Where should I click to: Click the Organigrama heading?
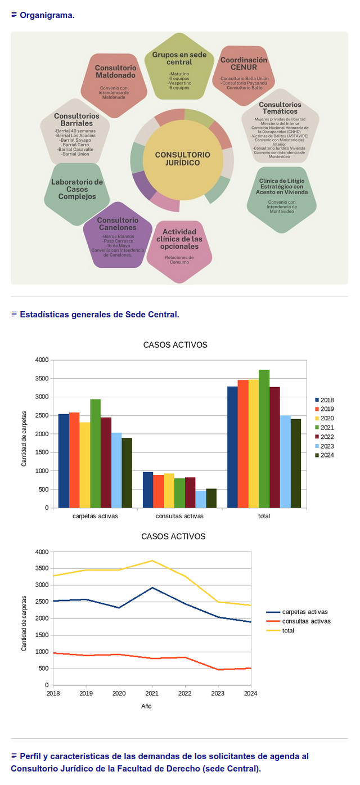tap(47, 15)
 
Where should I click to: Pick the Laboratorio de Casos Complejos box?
tap(77, 190)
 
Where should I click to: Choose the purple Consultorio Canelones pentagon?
tap(118, 234)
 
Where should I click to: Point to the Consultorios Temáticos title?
tap(280, 108)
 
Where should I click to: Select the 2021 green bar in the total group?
tap(264, 438)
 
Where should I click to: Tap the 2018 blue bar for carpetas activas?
tap(64, 461)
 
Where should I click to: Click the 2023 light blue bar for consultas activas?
tap(200, 499)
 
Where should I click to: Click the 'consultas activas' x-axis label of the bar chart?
tap(179, 516)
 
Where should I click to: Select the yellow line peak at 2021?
tap(152, 560)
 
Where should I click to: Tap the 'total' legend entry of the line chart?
tap(288, 630)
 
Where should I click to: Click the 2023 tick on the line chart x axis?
tap(218, 693)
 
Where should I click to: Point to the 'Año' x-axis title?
tap(146, 706)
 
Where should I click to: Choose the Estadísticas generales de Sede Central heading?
tap(99, 314)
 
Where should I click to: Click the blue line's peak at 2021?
tap(152, 587)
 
